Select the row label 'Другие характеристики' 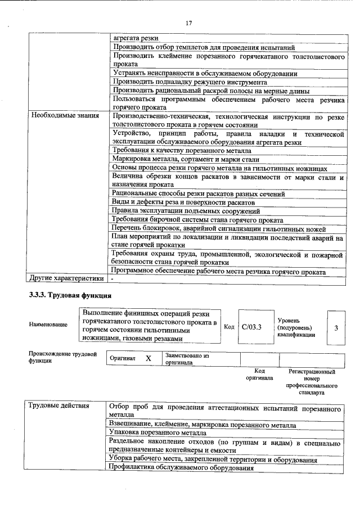(67, 278)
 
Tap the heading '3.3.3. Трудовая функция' (70, 295)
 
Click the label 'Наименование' (48, 325)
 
